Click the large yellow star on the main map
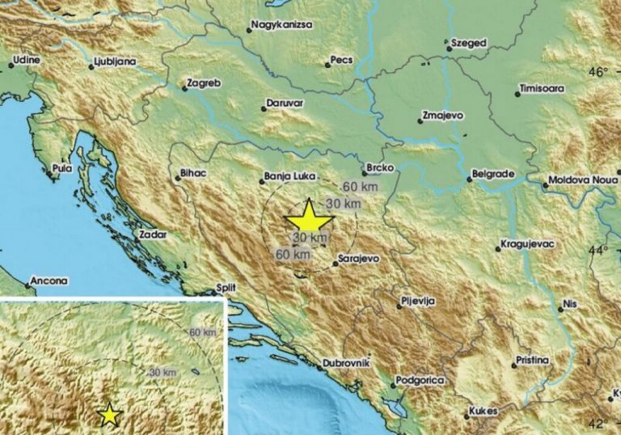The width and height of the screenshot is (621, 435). (x=309, y=219)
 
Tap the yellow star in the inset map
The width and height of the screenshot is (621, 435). (x=109, y=415)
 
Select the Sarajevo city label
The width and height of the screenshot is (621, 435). (x=357, y=262)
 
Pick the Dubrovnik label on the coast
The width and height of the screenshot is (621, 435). (x=347, y=363)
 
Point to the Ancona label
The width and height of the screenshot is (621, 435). (x=50, y=282)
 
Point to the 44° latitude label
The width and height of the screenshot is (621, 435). (x=597, y=250)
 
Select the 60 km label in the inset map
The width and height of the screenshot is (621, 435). (x=204, y=332)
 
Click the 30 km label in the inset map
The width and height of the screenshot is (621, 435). (x=163, y=371)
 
